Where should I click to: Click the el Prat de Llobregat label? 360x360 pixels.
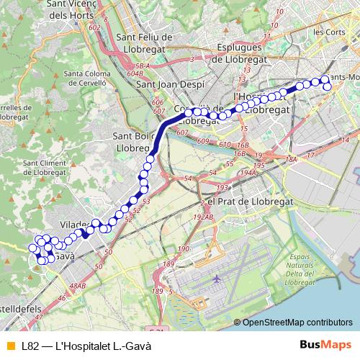(249, 202)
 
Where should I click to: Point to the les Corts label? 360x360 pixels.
(330, 32)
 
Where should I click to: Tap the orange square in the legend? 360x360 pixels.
(10, 346)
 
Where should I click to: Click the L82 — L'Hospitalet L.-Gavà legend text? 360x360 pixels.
(86, 346)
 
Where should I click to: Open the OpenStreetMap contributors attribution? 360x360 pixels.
(297, 323)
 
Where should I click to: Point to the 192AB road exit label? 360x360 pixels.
(204, 217)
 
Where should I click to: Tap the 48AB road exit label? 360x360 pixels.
(77, 287)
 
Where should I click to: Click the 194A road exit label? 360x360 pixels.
(248, 173)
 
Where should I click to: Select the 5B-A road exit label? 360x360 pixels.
(141, 66)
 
